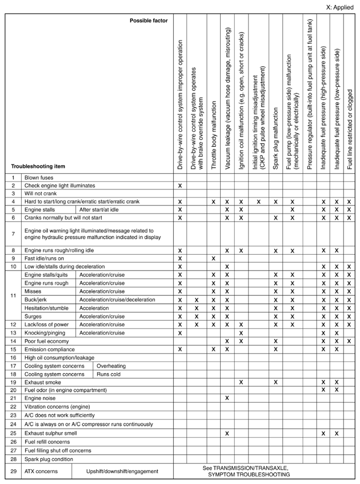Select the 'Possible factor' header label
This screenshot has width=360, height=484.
click(150, 20)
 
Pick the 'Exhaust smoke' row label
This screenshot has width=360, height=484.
click(43, 382)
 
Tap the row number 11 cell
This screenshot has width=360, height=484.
click(13, 295)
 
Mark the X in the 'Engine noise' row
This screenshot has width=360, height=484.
click(227, 398)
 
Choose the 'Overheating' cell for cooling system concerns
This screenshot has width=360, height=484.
click(111, 366)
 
